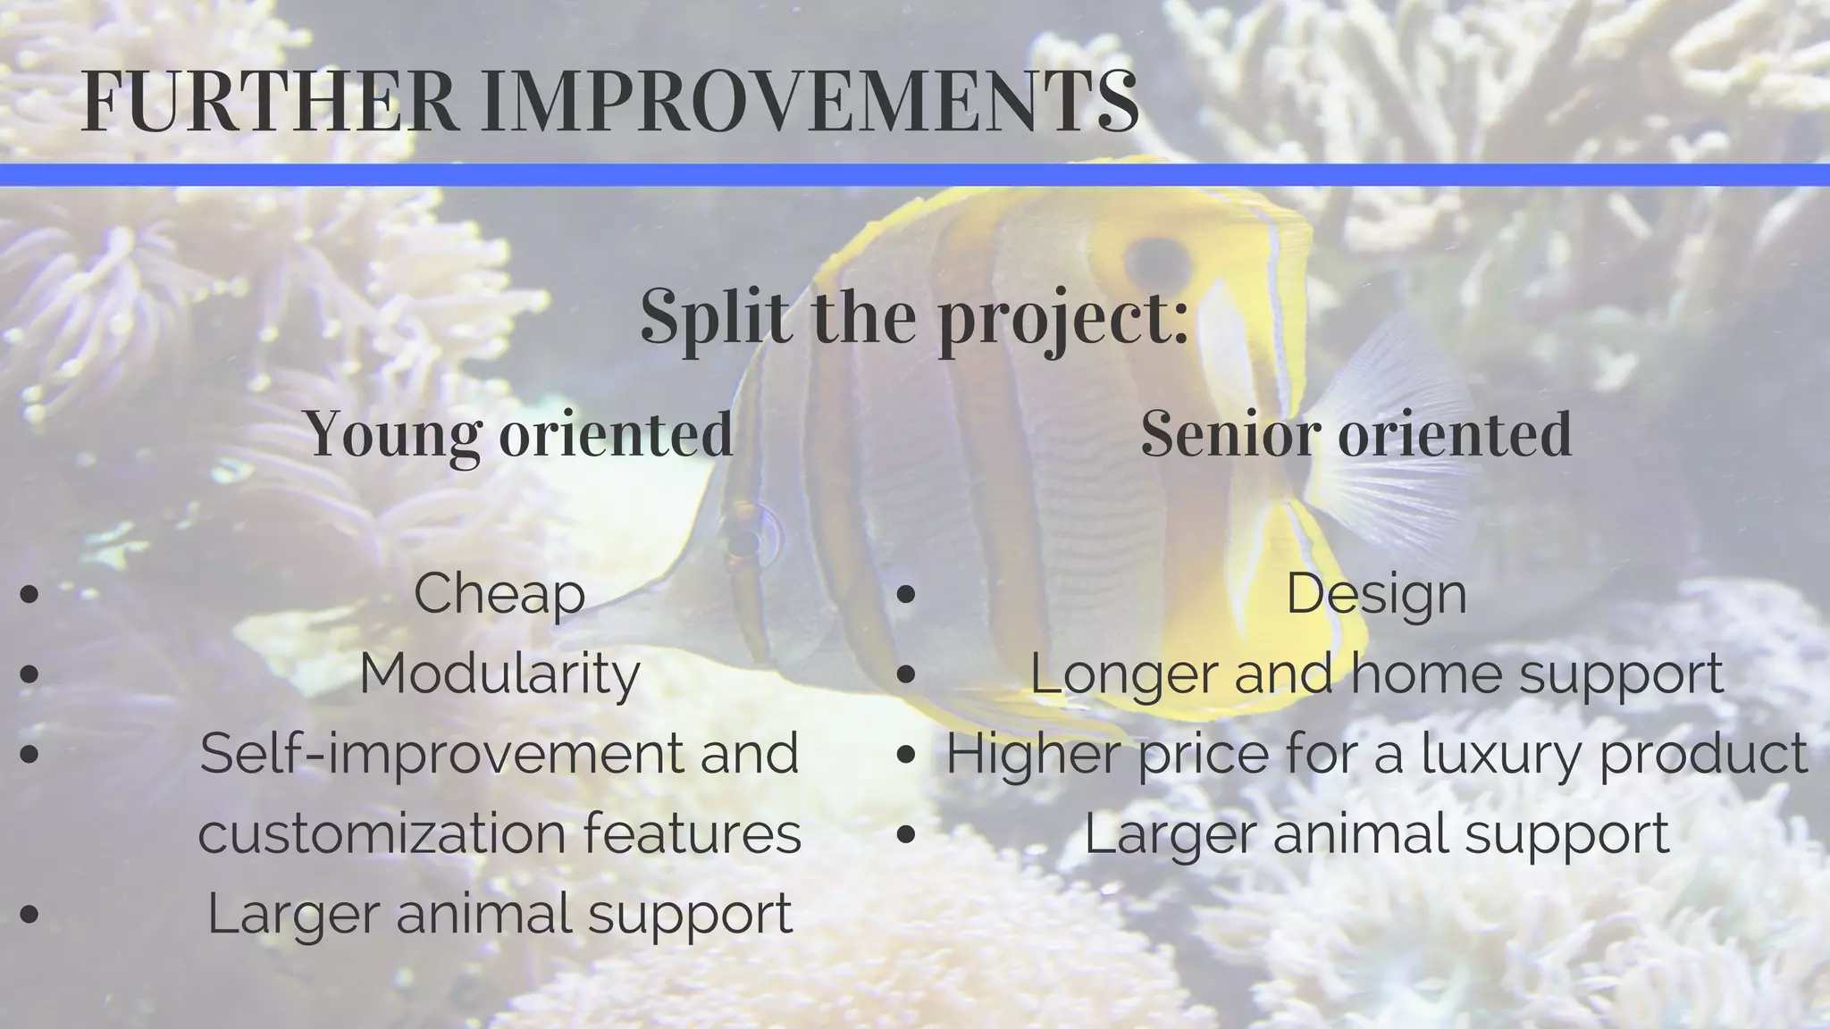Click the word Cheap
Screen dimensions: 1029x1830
(499, 593)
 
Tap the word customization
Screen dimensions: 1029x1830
(382, 833)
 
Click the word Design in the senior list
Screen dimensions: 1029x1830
(1376, 593)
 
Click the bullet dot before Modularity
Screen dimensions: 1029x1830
(29, 674)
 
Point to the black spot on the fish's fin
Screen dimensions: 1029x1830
(1159, 260)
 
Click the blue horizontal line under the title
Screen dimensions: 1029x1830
(915, 175)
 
